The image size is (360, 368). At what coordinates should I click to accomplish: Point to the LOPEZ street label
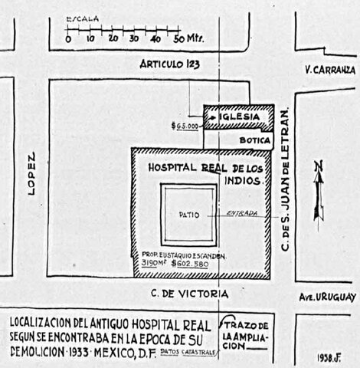(x=31, y=175)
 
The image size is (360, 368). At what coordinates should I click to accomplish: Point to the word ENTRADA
(x=242, y=214)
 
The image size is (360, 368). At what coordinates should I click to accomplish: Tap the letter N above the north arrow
(x=319, y=166)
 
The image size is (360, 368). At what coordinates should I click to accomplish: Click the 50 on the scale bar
(x=178, y=38)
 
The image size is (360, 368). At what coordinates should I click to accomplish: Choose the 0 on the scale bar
(x=68, y=38)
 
